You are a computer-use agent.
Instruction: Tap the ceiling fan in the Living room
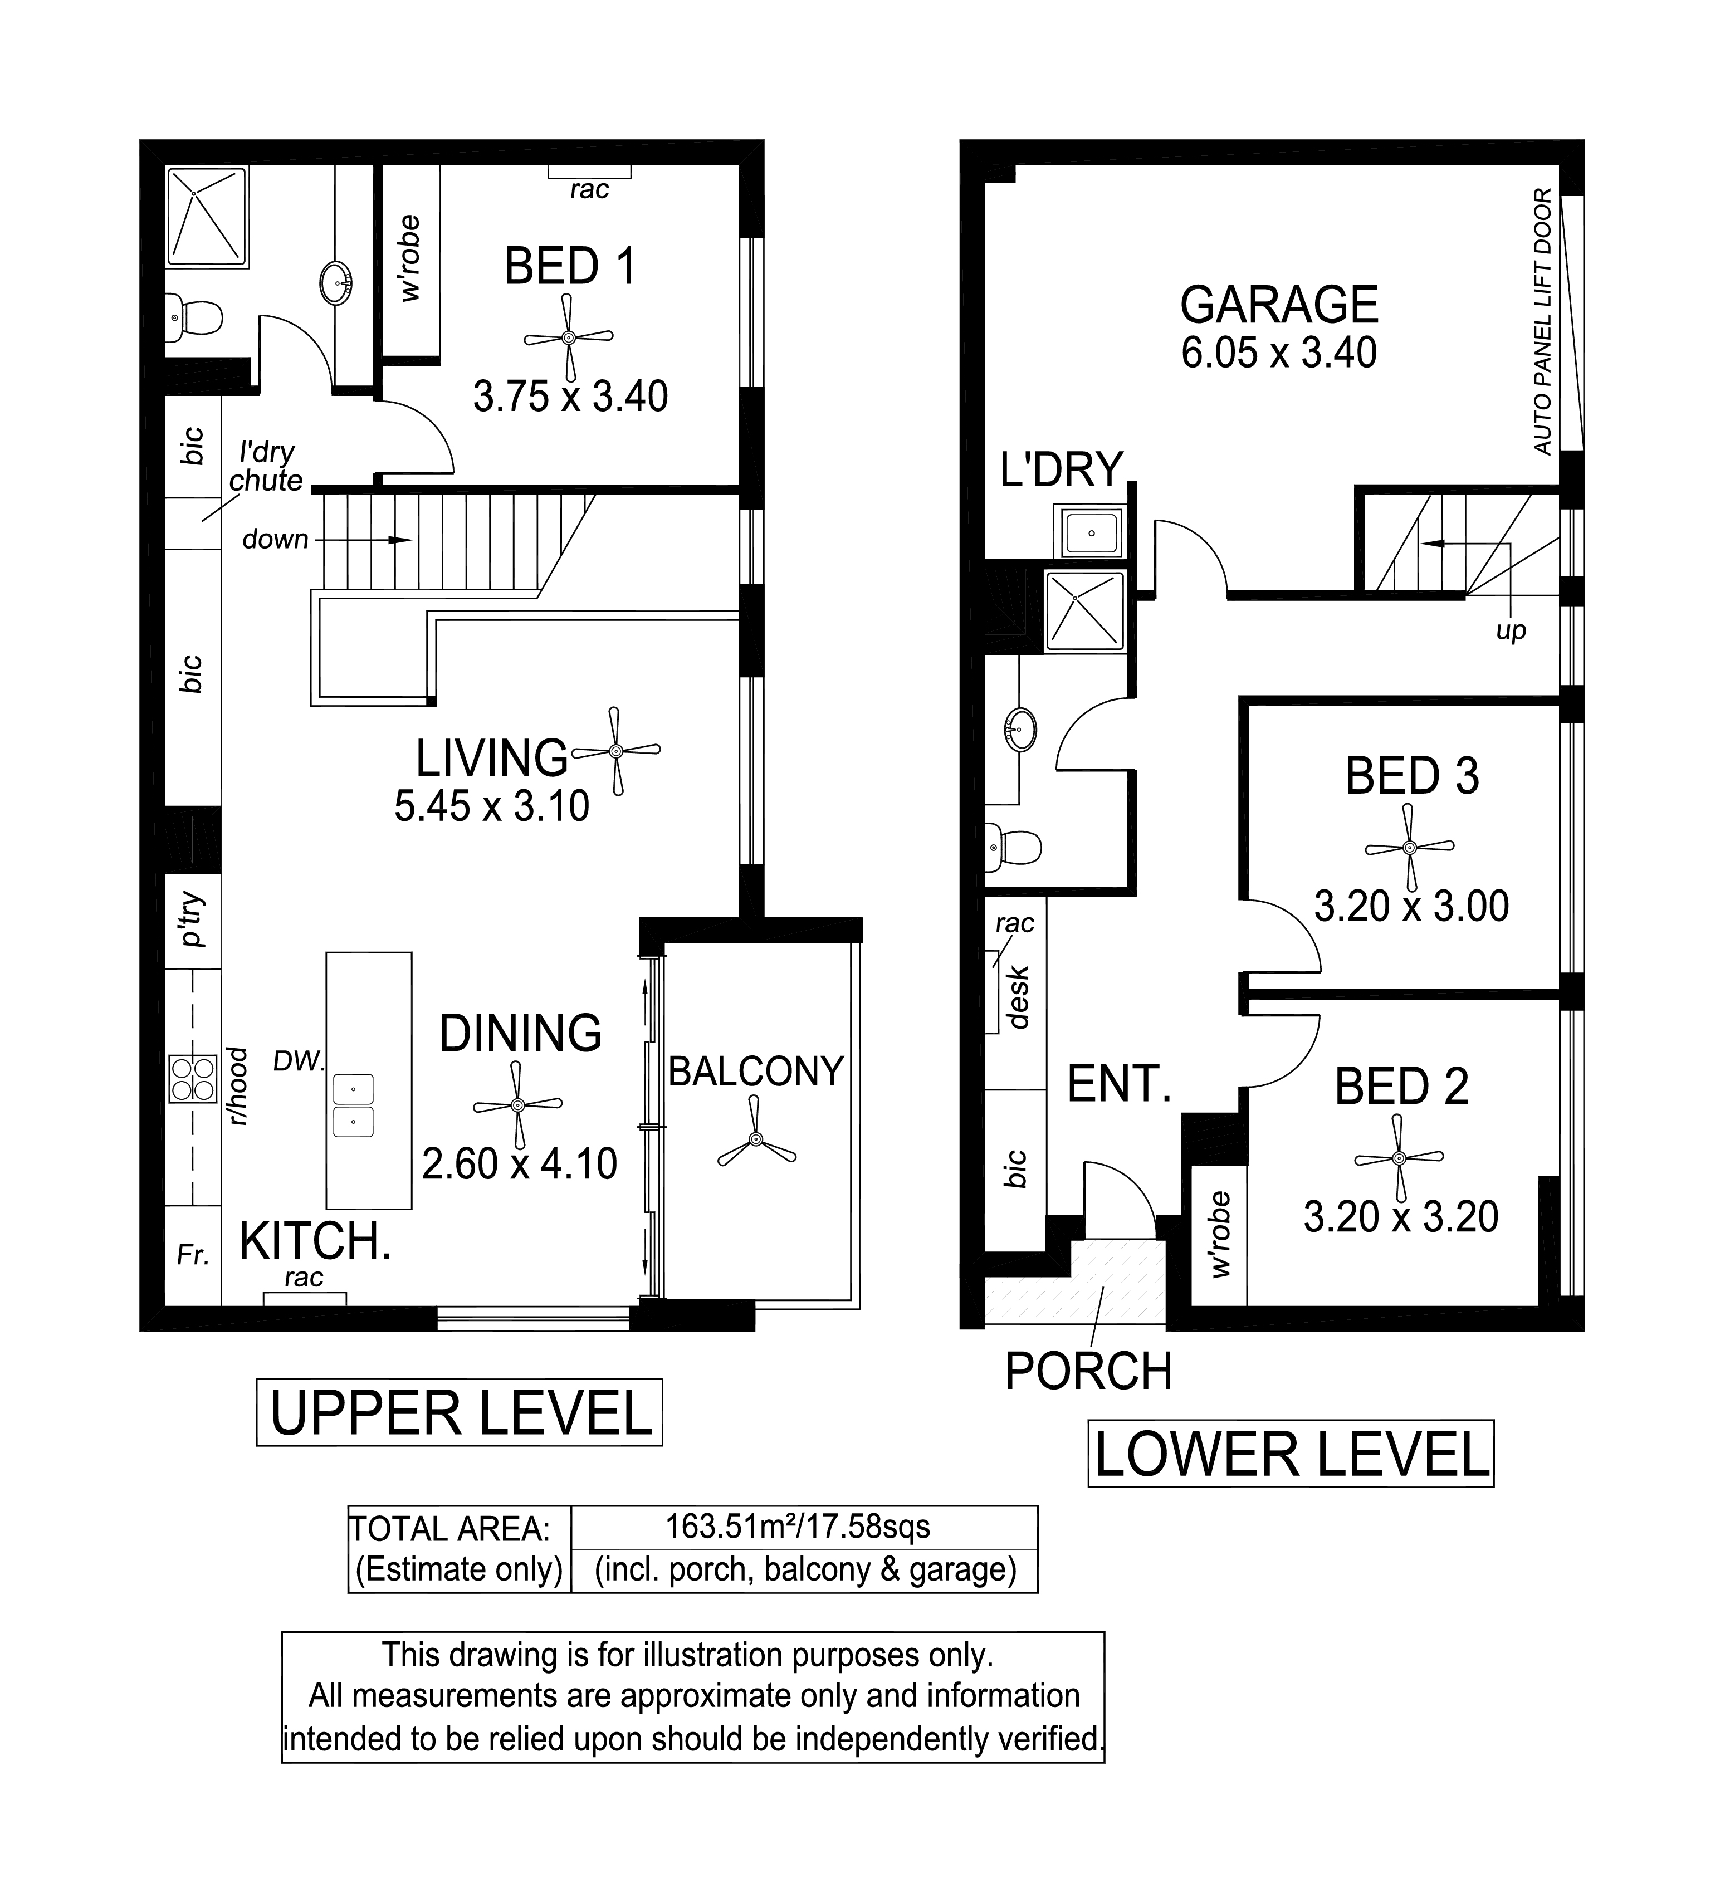point(616,750)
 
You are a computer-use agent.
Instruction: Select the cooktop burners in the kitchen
point(192,1079)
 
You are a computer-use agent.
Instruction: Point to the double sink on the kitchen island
point(353,1105)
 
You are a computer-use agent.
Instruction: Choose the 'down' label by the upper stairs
point(275,540)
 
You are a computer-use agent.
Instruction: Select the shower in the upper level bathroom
point(207,217)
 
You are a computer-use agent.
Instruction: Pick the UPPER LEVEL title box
point(460,1412)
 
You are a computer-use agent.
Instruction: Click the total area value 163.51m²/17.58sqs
point(798,1525)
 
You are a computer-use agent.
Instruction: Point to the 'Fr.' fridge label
point(193,1255)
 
